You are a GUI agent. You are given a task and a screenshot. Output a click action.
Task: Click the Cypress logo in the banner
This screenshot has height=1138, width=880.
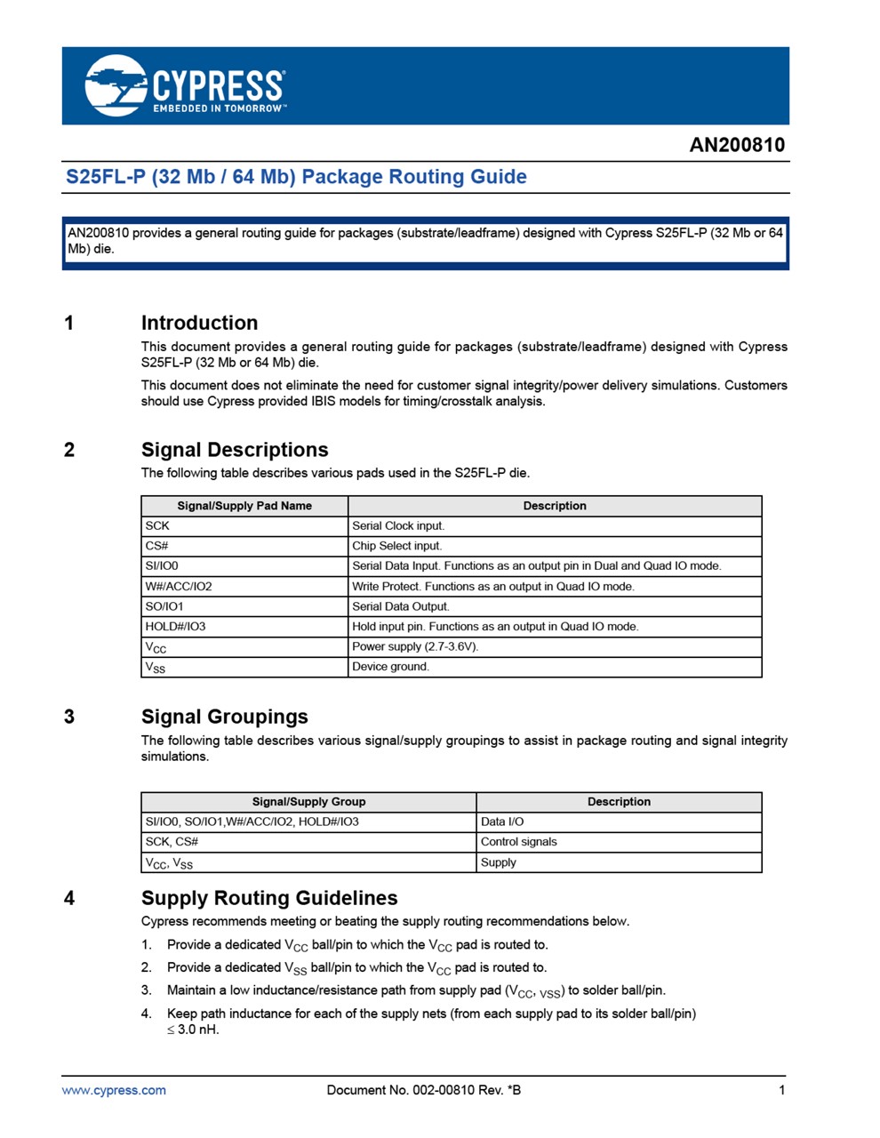pyautogui.click(x=185, y=85)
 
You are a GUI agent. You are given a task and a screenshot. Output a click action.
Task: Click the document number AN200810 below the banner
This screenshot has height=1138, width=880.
pyautogui.click(x=737, y=145)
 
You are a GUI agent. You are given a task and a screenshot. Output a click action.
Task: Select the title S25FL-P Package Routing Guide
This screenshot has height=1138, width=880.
pyautogui.click(x=296, y=176)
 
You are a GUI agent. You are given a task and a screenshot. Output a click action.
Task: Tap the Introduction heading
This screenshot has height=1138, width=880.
pyautogui.click(x=199, y=323)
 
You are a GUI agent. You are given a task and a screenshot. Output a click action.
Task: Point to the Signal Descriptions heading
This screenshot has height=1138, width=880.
pyautogui.click(x=235, y=450)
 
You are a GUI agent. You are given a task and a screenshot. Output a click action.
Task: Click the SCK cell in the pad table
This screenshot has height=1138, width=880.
pyautogui.click(x=157, y=525)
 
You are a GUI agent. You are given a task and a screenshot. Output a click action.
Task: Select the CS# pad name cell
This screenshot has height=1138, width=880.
pyautogui.click(x=157, y=546)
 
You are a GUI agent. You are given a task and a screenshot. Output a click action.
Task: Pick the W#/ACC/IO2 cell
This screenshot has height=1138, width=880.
pyautogui.click(x=179, y=586)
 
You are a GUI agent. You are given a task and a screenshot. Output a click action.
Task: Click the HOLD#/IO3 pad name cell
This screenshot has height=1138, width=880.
pyautogui.click(x=175, y=626)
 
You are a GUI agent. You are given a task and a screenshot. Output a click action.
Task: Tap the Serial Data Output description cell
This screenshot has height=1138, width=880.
pyautogui.click(x=401, y=606)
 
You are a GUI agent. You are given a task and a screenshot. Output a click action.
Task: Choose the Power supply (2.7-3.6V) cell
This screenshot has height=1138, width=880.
pyautogui.click(x=415, y=646)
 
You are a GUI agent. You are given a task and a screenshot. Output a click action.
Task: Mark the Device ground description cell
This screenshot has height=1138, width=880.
pyautogui.click(x=390, y=667)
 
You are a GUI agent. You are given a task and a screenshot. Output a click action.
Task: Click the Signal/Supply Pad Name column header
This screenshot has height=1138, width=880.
pyautogui.click(x=244, y=506)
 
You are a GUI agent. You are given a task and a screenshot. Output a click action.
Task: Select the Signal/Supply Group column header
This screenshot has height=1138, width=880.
pyautogui.click(x=308, y=801)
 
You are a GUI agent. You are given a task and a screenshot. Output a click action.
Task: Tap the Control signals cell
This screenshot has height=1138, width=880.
pyautogui.click(x=519, y=841)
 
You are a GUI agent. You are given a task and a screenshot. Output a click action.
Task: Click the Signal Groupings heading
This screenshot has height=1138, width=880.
pyautogui.click(x=224, y=717)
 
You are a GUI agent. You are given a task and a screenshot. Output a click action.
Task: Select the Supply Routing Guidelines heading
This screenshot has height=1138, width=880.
pyautogui.click(x=269, y=898)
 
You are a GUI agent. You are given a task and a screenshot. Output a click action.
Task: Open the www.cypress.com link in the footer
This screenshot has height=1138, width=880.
pyautogui.click(x=114, y=1090)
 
